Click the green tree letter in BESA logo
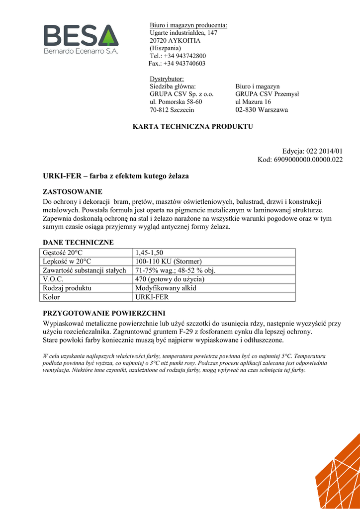[x=106, y=36]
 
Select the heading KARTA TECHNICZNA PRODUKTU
[x=193, y=127]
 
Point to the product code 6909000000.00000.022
[x=308, y=160]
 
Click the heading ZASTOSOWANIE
[x=73, y=191]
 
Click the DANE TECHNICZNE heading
[x=79, y=243]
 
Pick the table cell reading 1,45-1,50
[x=149, y=253]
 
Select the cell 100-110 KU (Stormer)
[x=169, y=261]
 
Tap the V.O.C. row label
[x=53, y=279]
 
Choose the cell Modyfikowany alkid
[x=166, y=288]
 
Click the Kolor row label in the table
[x=51, y=297]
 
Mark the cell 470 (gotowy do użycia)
[x=170, y=279]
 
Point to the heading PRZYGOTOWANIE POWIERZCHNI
[x=104, y=313]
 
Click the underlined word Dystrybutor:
[x=167, y=79]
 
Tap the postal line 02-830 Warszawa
[x=262, y=110]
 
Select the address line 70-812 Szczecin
[x=172, y=110]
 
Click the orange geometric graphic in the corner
[x=341, y=477]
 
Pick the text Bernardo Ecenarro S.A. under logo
[x=81, y=51]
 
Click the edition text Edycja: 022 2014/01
[x=312, y=151]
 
